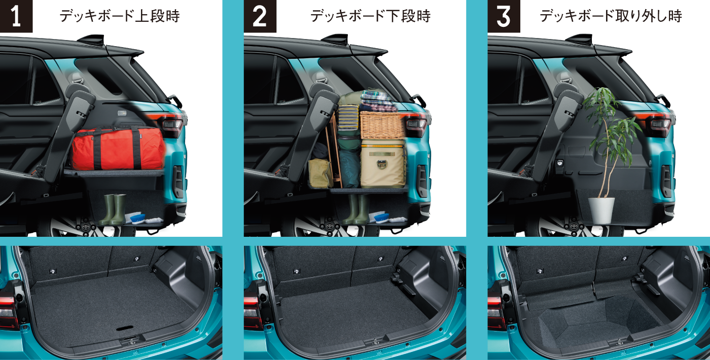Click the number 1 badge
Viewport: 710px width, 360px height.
[16, 16]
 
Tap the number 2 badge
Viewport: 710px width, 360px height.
[260, 16]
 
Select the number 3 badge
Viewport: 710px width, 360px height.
[504, 16]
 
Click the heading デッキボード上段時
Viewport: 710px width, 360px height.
[120, 16]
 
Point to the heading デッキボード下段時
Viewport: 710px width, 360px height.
[370, 16]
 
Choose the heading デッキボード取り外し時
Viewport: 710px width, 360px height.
[611, 16]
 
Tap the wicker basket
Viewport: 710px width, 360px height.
[382, 125]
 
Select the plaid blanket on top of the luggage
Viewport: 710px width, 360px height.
[379, 101]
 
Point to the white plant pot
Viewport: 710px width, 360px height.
[601, 210]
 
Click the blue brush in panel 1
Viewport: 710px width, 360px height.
[137, 219]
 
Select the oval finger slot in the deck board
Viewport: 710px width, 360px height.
[125, 328]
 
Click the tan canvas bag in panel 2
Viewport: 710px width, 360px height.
[320, 173]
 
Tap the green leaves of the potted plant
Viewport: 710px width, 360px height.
[610, 127]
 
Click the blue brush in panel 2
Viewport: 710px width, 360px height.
[381, 218]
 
